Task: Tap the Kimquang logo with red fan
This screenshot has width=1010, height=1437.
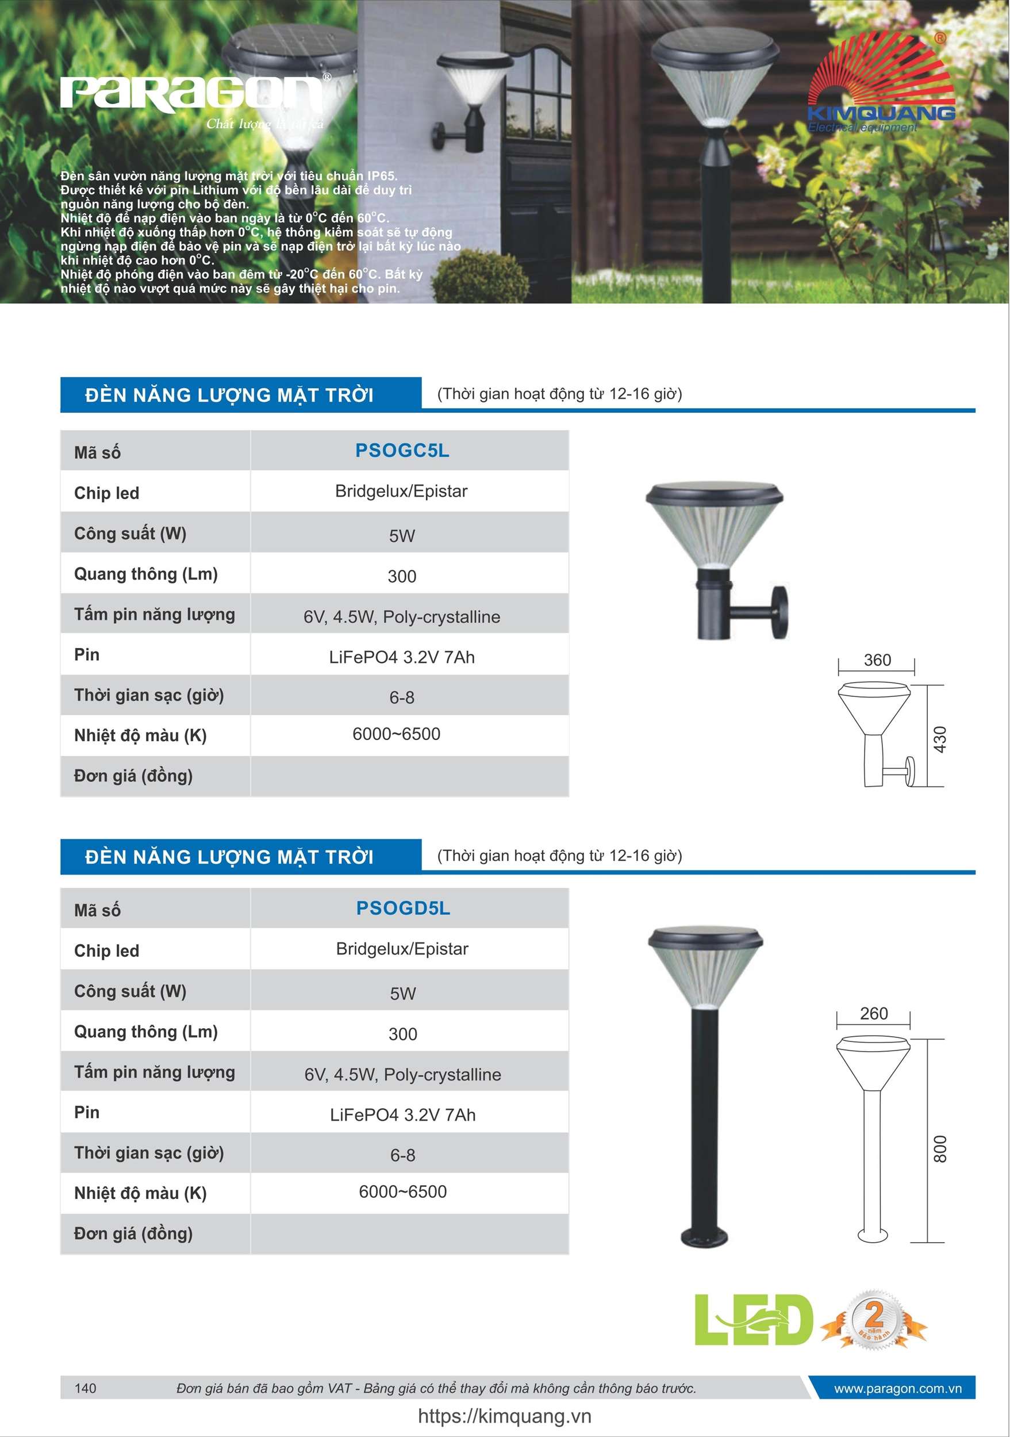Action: point(881,85)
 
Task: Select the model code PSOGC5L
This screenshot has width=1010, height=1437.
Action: point(402,451)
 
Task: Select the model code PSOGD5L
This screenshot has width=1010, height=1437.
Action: point(403,908)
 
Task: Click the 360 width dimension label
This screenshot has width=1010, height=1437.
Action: point(877,660)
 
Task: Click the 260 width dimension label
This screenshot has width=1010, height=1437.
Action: point(874,1013)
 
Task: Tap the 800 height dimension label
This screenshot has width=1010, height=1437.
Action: point(939,1149)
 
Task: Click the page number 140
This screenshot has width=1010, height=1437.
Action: point(85,1388)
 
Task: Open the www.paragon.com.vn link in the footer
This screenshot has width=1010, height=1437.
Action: point(897,1388)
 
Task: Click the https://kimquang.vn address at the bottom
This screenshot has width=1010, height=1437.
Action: point(504,1416)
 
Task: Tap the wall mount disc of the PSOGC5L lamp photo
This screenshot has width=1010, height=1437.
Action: point(779,611)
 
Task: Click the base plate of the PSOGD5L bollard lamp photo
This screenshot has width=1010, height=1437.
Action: point(705,1236)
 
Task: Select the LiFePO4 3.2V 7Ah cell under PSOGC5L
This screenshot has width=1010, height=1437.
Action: point(402,657)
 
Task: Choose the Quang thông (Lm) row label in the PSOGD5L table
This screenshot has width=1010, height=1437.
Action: point(146,1032)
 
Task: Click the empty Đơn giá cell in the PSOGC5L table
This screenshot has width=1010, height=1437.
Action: point(409,776)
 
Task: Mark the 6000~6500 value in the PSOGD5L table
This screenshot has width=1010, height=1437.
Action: point(402,1191)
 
